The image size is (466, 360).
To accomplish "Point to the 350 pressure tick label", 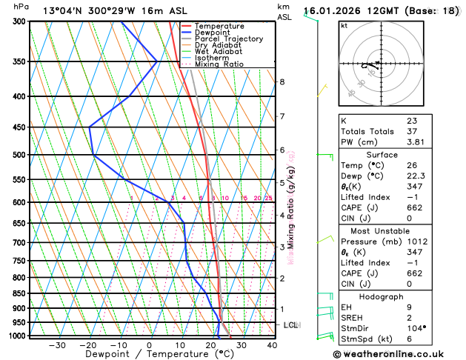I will [x=19, y=61].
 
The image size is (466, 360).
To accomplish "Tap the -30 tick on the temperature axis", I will [x=57, y=344].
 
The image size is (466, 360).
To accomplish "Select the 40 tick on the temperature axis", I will [x=272, y=344].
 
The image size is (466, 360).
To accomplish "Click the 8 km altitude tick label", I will [x=282, y=81].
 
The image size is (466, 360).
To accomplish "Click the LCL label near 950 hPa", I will [x=292, y=325].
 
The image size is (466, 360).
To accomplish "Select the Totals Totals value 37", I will [x=412, y=131].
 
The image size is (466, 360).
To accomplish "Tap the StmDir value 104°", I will [x=416, y=327].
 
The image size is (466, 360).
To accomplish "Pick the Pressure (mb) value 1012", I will [x=416, y=241].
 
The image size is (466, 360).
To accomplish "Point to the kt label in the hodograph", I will [x=344, y=25].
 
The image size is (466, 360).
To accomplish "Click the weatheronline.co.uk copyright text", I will [x=399, y=354].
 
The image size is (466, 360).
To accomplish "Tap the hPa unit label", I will [x=21, y=7].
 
